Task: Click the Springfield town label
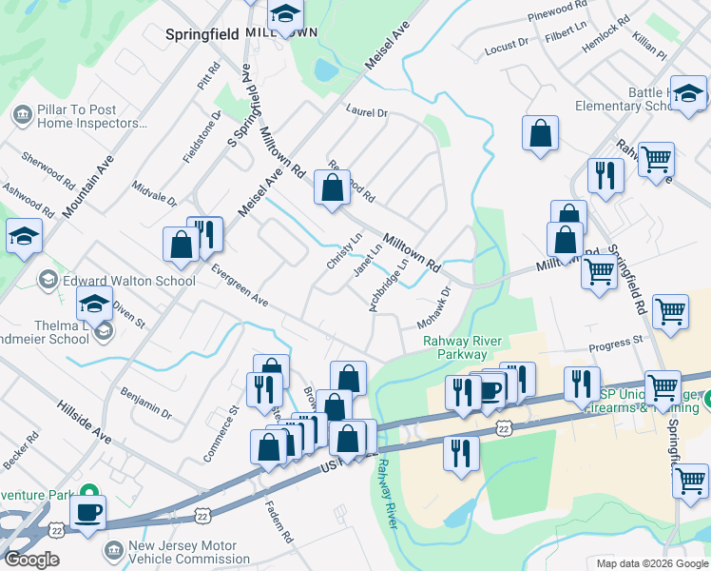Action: [x=202, y=34]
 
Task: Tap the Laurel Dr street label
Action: [x=368, y=112]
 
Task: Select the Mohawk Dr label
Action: [x=432, y=308]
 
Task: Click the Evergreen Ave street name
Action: [x=239, y=285]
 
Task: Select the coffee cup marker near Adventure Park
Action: [x=88, y=512]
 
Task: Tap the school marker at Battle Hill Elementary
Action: [x=688, y=92]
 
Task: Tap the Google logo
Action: [x=31, y=560]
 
